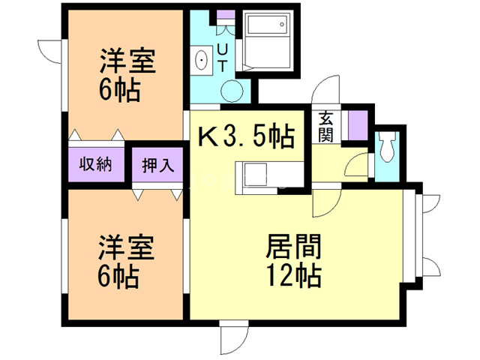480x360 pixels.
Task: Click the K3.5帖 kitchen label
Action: tap(245, 137)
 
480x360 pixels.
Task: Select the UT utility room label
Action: tap(223, 57)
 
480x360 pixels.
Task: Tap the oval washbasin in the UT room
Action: tap(202, 59)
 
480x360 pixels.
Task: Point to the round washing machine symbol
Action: tap(233, 91)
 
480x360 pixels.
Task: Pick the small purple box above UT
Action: tap(223, 16)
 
